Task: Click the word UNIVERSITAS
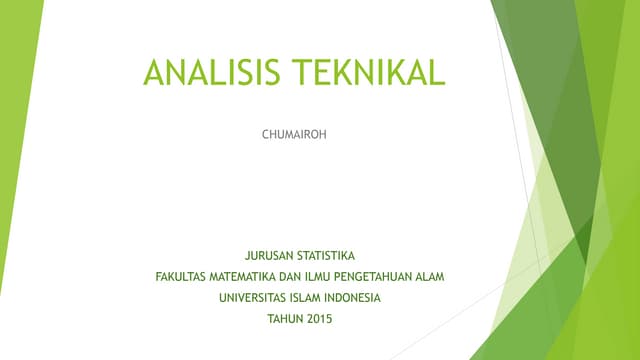point(251,298)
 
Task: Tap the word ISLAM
point(308,298)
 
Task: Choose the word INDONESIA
point(356,298)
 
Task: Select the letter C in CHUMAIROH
point(265,132)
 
